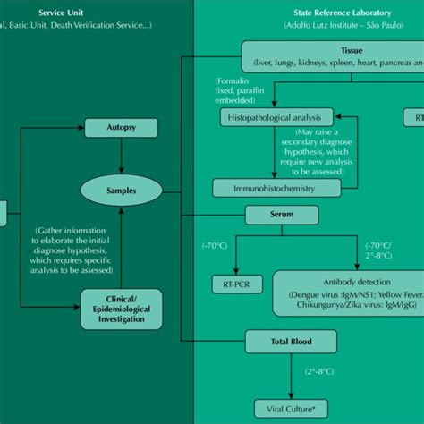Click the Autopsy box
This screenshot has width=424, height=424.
(121, 128)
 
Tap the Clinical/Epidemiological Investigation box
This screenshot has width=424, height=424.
(121, 305)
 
